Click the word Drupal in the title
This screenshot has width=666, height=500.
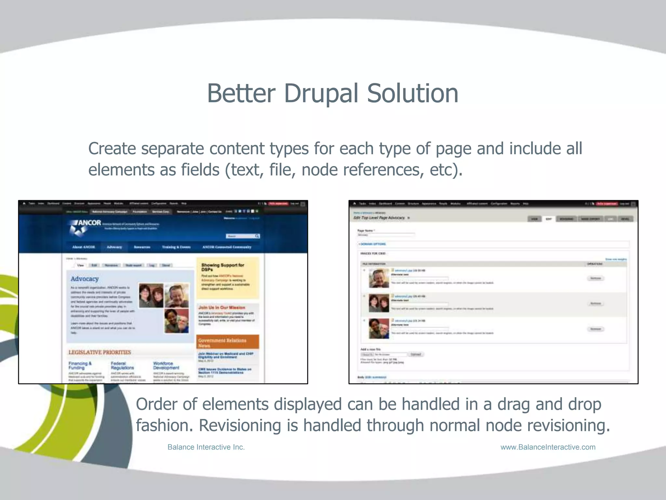[x=322, y=93]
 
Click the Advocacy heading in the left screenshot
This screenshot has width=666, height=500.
[x=85, y=279]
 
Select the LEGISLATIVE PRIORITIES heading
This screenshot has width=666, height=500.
[x=100, y=352]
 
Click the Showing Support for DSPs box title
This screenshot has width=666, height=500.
[x=222, y=267]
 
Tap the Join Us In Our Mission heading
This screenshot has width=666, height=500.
[x=221, y=307]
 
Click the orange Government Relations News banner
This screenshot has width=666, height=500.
[x=227, y=342]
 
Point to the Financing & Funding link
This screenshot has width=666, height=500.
[x=80, y=365]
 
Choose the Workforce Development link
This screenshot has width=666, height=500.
[x=166, y=365]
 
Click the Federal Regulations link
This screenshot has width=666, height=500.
[x=122, y=365]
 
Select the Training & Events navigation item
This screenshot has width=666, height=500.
[x=176, y=247]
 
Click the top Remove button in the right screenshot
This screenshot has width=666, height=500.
[x=595, y=278]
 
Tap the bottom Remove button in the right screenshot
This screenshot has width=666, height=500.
[x=595, y=329]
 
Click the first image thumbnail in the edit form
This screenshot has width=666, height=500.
[x=379, y=278]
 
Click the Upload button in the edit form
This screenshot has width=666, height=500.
[x=416, y=354]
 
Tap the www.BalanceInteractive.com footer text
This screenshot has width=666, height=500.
[x=548, y=447]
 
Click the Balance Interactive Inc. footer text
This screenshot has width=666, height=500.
[x=206, y=447]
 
